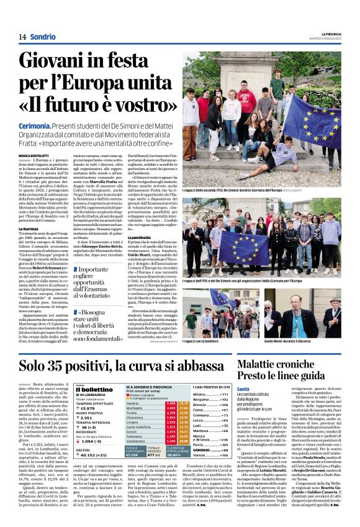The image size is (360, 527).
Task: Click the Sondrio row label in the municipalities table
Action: tap(133, 403)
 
